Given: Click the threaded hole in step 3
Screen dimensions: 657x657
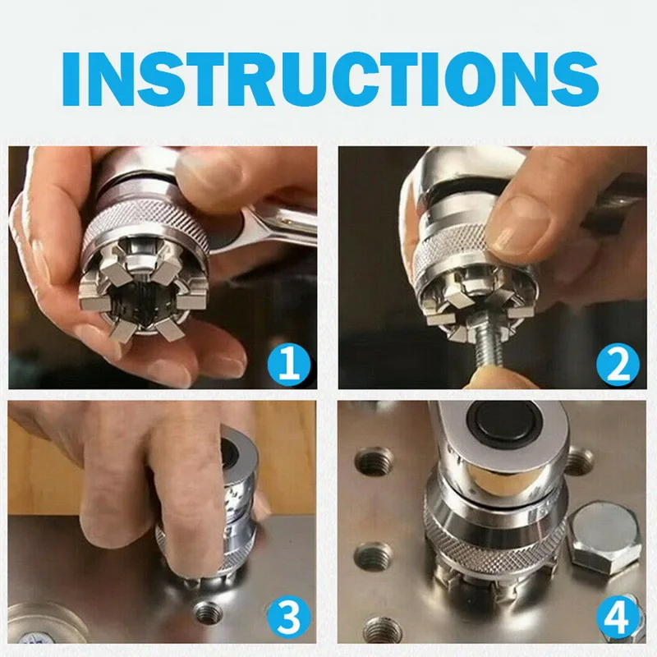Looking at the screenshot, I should [x=208, y=612].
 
